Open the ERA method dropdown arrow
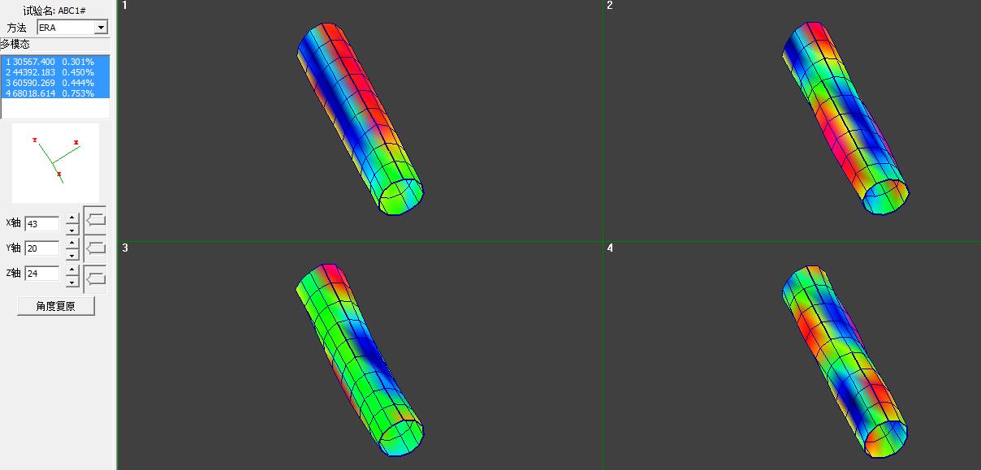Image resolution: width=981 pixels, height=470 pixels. pyautogui.click(x=101, y=28)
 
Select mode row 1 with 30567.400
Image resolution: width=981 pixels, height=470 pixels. pyautogui.click(x=55, y=62)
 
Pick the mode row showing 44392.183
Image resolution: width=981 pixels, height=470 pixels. pyautogui.click(x=55, y=72)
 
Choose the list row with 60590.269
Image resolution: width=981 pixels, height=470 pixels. pyautogui.click(x=55, y=83)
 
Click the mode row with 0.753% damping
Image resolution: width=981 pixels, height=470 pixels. pyautogui.click(x=55, y=93)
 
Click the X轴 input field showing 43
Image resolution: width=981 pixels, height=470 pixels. pyautogui.click(x=42, y=224)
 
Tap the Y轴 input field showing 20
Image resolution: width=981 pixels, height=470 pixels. pyautogui.click(x=42, y=248)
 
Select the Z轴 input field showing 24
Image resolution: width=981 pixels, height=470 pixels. pyautogui.click(x=42, y=274)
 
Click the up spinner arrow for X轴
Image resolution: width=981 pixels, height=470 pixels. pyautogui.click(x=72, y=218)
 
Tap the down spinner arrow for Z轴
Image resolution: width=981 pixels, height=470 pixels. pyautogui.click(x=72, y=282)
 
